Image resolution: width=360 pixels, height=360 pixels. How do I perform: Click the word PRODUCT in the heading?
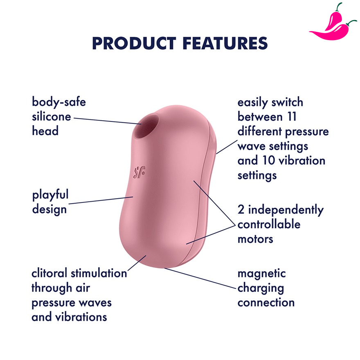(134, 43)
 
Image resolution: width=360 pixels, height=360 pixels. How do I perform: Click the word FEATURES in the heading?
(225, 43)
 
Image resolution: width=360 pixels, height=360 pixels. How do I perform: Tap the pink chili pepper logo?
(333, 23)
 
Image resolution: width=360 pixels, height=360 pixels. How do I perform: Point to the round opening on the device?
(146, 127)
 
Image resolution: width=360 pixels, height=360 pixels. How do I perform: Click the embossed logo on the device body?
(139, 172)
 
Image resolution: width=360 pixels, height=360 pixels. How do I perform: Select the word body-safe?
(59, 102)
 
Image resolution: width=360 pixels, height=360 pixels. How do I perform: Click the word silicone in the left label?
(52, 117)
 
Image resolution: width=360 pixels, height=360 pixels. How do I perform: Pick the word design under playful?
(49, 209)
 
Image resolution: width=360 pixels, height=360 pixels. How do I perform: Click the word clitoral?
(49, 273)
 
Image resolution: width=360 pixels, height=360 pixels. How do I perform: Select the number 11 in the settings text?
(292, 117)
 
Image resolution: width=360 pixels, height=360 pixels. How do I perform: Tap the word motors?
(255, 239)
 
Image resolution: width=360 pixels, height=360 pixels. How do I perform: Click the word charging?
(261, 288)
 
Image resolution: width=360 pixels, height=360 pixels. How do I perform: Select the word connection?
(266, 303)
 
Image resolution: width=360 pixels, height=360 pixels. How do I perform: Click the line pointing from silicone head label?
(108, 121)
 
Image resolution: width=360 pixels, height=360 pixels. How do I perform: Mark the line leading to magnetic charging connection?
(200, 278)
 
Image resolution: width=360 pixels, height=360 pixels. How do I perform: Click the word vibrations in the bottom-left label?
(81, 317)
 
